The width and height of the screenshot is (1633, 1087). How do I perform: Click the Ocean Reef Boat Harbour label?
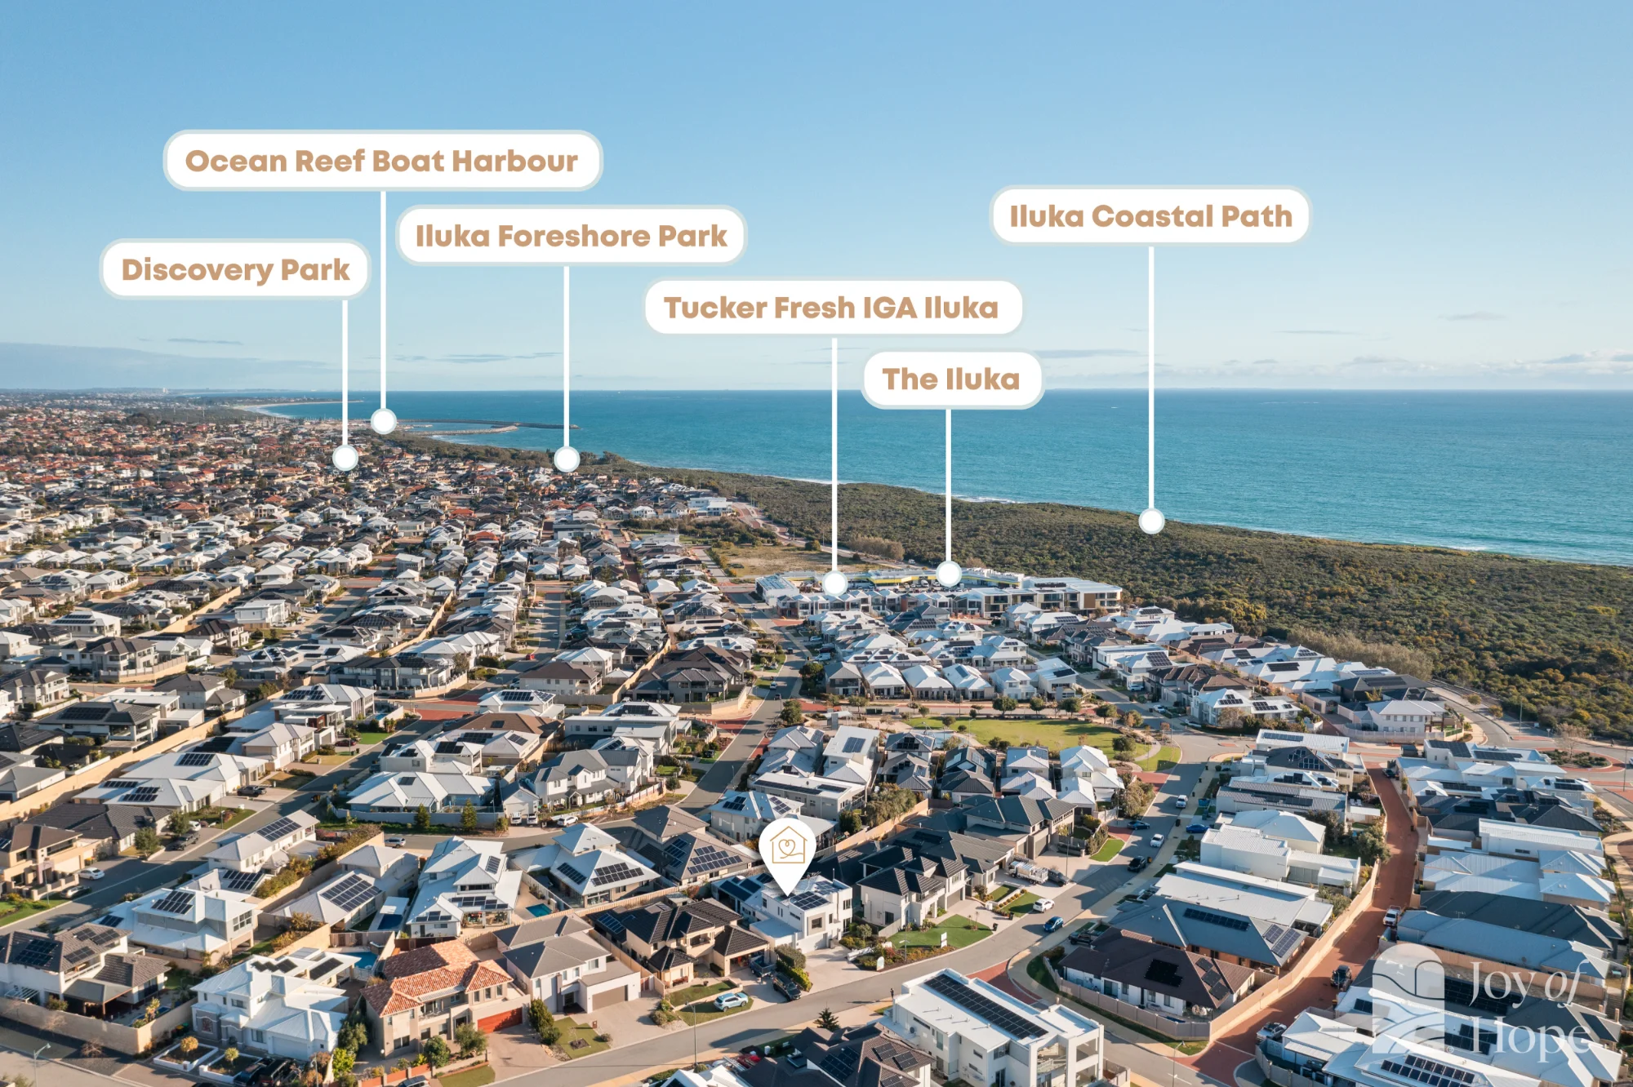383,161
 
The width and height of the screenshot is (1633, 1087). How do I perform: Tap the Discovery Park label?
235,269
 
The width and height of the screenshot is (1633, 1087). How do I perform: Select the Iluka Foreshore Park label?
571,236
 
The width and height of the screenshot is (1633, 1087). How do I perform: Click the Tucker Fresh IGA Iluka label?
833,308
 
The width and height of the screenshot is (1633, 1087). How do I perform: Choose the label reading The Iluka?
952,379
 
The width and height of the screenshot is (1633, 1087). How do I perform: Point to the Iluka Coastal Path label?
1150,216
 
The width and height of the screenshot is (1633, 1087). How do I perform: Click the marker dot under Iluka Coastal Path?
1151,521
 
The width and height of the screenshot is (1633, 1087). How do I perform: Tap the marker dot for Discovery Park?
345,458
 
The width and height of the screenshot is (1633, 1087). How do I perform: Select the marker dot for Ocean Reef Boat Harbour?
384,421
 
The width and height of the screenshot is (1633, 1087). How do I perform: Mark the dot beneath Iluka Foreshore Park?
567,459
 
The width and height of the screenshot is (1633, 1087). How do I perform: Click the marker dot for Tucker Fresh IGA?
834,583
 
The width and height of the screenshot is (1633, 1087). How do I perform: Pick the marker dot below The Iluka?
948,573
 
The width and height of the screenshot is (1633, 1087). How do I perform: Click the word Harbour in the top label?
514,161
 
